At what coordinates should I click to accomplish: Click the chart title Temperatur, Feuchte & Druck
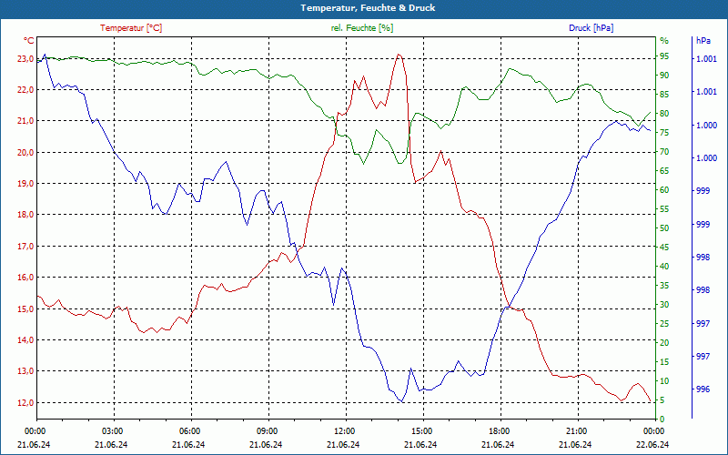click(363, 7)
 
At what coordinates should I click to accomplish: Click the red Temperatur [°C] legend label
click(131, 28)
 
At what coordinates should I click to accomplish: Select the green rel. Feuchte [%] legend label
click(362, 28)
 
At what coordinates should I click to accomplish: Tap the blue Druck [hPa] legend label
click(591, 28)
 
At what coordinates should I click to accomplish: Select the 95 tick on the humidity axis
click(663, 58)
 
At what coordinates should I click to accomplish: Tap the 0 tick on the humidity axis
click(662, 420)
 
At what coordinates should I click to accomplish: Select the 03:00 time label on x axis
click(113, 430)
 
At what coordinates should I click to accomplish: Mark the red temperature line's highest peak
click(399, 55)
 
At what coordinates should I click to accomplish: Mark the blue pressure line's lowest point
click(401, 402)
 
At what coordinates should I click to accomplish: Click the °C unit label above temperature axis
click(29, 41)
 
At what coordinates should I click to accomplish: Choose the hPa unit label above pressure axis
click(703, 41)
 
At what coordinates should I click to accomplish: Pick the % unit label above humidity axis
click(663, 41)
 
